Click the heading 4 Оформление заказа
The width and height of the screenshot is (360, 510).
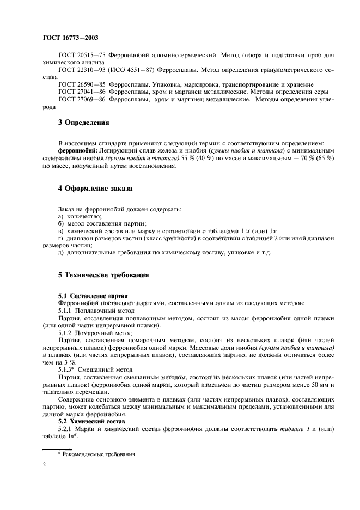(95, 189)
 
